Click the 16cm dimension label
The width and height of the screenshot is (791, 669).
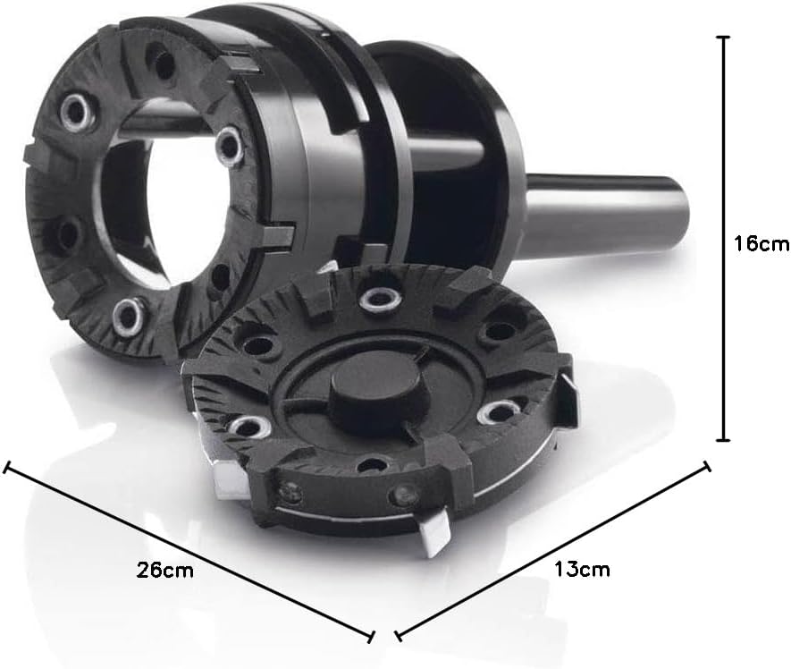(761, 243)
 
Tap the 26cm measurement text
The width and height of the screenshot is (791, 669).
(165, 570)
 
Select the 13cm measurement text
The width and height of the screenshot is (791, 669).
(582, 569)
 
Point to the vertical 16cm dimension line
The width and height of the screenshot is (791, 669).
(724, 239)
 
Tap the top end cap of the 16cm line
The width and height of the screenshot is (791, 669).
(724, 38)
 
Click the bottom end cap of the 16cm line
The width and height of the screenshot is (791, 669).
(724, 440)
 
